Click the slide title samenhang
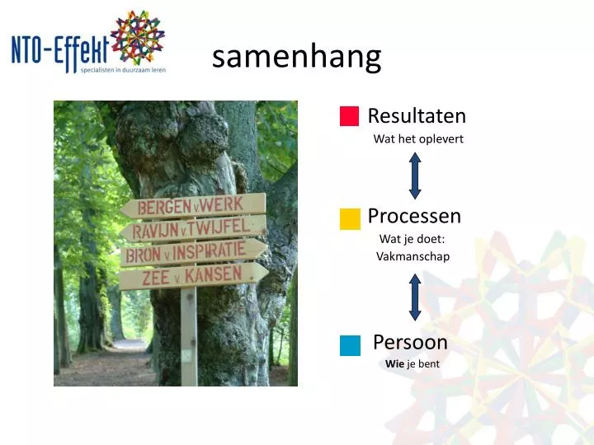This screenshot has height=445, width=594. pyautogui.click(x=296, y=57)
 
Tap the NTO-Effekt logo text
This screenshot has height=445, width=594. pyautogui.click(x=59, y=49)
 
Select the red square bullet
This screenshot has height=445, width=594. pyautogui.click(x=349, y=116)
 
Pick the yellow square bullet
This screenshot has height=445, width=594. pyautogui.click(x=349, y=218)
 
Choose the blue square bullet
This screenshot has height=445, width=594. pyautogui.click(x=349, y=344)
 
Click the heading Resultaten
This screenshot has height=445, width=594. pyautogui.click(x=417, y=116)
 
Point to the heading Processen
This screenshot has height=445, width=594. pyautogui.click(x=414, y=216)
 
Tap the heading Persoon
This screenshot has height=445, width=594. pyautogui.click(x=410, y=342)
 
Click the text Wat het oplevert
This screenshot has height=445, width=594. pyautogui.click(x=418, y=139)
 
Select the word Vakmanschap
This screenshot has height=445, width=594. pyautogui.click(x=412, y=256)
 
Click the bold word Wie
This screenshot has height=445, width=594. pyautogui.click(x=394, y=363)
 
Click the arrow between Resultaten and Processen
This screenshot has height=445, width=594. pyautogui.click(x=415, y=176)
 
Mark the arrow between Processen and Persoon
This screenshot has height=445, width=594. pyautogui.click(x=415, y=297)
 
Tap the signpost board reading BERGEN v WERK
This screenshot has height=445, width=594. pyautogui.click(x=193, y=205)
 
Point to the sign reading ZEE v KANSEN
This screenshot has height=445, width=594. pyautogui.click(x=193, y=276)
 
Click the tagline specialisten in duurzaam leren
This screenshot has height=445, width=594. pyautogui.click(x=123, y=70)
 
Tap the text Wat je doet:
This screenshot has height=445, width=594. pyautogui.click(x=412, y=239)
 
